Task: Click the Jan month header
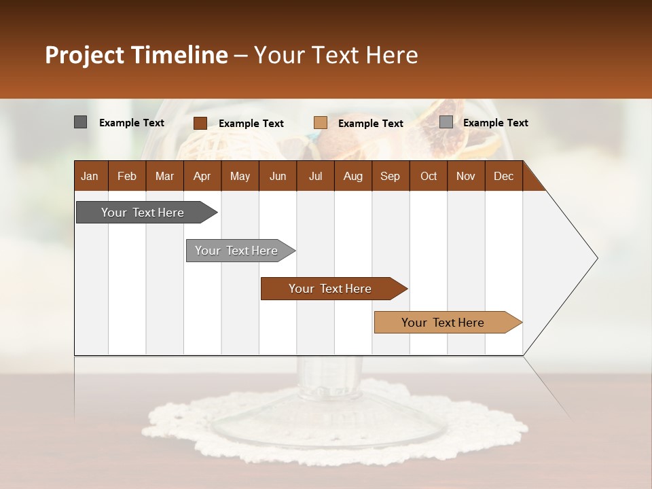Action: click(x=90, y=176)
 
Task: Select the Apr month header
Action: click(x=202, y=176)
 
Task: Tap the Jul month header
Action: click(x=315, y=176)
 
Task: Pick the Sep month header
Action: click(x=390, y=176)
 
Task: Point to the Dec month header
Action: click(x=503, y=176)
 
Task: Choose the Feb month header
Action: click(x=127, y=176)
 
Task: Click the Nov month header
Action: click(x=465, y=176)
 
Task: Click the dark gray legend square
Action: click(x=80, y=122)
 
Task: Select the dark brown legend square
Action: click(x=200, y=123)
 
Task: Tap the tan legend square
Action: click(x=321, y=123)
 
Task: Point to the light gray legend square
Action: click(x=446, y=122)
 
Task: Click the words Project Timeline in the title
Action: click(x=136, y=55)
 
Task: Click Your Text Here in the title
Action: click(x=336, y=55)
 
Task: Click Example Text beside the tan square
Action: click(x=370, y=124)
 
